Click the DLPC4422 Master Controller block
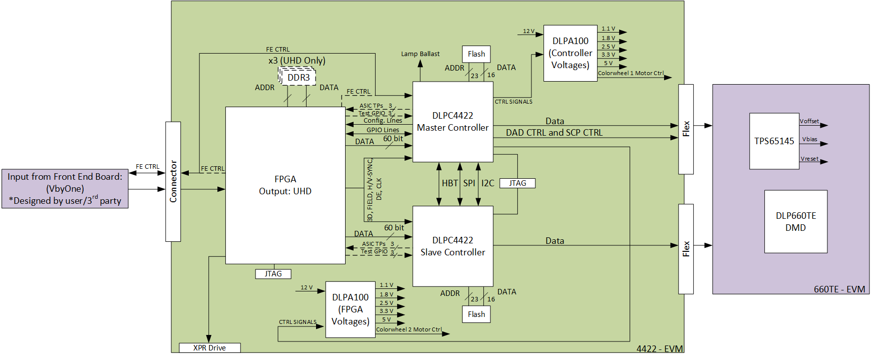tap(452, 122)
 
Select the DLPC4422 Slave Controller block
tap(452, 246)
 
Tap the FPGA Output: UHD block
tap(285, 185)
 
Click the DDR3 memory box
tap(299, 78)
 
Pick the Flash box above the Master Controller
tap(476, 54)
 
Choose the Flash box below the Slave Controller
tap(476, 314)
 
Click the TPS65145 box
tap(774, 141)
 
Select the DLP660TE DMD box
tap(795, 222)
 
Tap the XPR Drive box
tap(209, 348)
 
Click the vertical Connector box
tap(173, 181)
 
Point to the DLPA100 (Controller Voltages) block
tap(570, 53)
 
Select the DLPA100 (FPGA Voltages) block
tap(350, 309)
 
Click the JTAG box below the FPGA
tap(273, 274)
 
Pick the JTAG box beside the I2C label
tap(517, 183)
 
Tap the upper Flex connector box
tap(686, 129)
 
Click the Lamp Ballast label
tap(420, 54)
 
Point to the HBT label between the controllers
tap(450, 183)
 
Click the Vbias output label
tap(809, 140)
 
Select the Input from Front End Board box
tap(65, 189)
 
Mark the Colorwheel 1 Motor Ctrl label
tap(631, 73)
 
